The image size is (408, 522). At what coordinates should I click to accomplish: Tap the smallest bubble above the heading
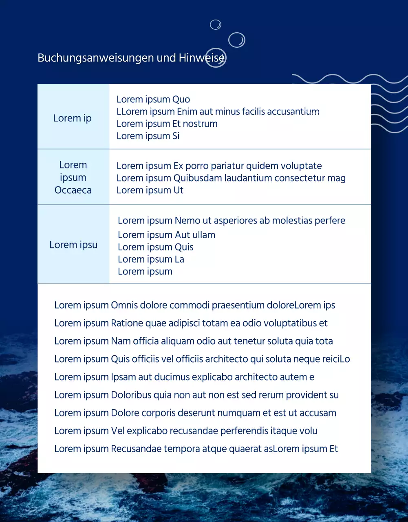coord(215,25)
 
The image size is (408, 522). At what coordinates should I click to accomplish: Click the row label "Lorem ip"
coord(72,118)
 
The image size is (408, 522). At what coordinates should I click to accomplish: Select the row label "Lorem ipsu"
coord(73,245)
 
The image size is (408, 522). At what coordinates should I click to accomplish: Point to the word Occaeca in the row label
coord(73,190)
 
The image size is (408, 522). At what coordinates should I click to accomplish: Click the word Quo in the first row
coord(181,100)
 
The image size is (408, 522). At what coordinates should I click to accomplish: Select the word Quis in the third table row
coord(184,247)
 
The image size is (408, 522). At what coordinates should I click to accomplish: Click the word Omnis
coord(124,305)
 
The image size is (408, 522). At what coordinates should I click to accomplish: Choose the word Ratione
coord(127,323)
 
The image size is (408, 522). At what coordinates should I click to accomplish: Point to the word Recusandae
coord(136,449)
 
